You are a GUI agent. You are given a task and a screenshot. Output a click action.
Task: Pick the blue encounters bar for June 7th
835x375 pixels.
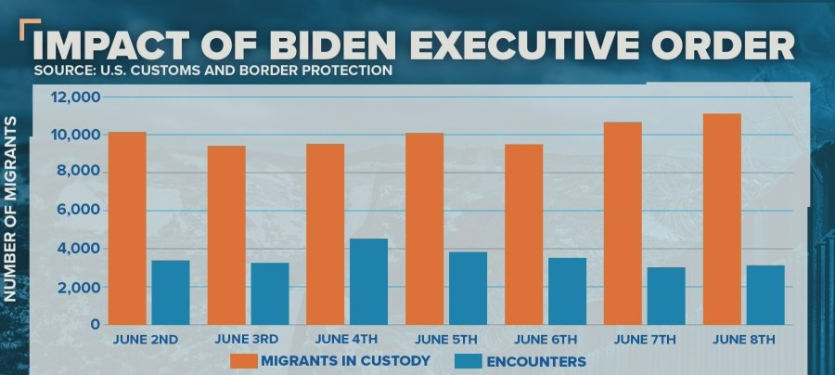665,296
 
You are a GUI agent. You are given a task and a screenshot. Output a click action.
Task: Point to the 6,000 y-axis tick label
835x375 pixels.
78,211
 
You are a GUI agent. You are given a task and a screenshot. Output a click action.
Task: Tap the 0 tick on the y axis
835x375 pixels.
95,326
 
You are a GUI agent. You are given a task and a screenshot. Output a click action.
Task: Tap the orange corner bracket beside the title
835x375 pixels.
29,28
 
